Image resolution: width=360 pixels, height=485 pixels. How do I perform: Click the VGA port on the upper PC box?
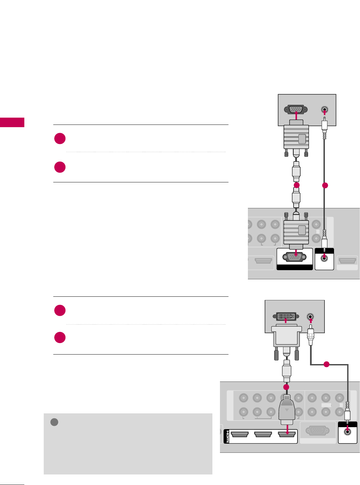click(x=298, y=109)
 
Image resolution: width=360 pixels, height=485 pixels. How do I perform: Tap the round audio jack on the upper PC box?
click(x=324, y=110)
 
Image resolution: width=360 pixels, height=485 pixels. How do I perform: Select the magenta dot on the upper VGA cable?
click(x=297, y=185)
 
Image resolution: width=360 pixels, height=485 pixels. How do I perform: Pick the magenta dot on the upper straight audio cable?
click(x=325, y=185)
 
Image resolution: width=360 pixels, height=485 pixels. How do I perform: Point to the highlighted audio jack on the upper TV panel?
click(x=324, y=258)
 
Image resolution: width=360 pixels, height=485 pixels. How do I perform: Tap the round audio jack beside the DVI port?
click(x=310, y=317)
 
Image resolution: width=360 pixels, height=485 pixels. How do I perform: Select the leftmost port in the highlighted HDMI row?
click(x=240, y=435)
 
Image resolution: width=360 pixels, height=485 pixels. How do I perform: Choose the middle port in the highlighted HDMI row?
click(x=263, y=435)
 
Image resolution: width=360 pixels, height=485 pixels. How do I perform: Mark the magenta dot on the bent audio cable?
click(x=326, y=364)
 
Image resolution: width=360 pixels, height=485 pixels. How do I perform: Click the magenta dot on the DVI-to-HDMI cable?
click(x=286, y=387)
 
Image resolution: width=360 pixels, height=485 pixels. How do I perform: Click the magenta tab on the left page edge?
click(x=12, y=122)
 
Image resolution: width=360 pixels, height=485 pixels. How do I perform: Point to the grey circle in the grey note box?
click(x=54, y=422)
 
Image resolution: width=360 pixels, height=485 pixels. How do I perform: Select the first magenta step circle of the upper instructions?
click(x=60, y=138)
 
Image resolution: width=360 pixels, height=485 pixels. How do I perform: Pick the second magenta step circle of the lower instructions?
click(x=60, y=337)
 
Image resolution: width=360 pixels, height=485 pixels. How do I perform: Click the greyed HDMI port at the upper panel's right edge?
click(x=348, y=261)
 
